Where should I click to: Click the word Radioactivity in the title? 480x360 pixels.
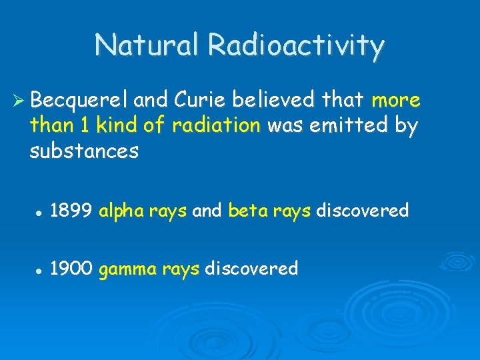[297, 46]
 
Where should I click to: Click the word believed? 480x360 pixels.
[268, 100]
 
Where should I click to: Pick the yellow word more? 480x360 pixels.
[396, 100]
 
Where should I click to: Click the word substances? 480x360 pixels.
[84, 151]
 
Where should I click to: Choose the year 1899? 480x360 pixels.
[71, 211]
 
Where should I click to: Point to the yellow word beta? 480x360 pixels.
[247, 211]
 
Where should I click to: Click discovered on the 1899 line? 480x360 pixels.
[361, 211]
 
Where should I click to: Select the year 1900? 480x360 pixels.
[71, 269]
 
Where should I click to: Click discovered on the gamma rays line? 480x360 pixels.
[251, 269]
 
